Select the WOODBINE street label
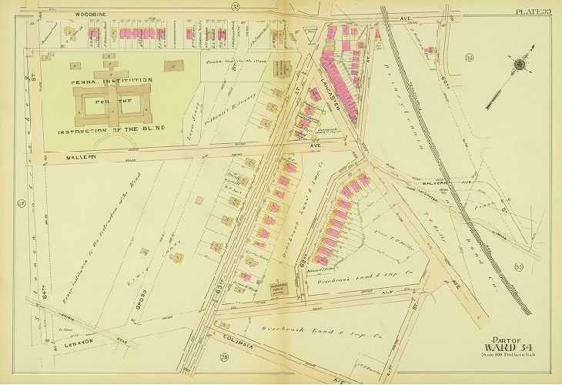(x=69, y=12)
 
